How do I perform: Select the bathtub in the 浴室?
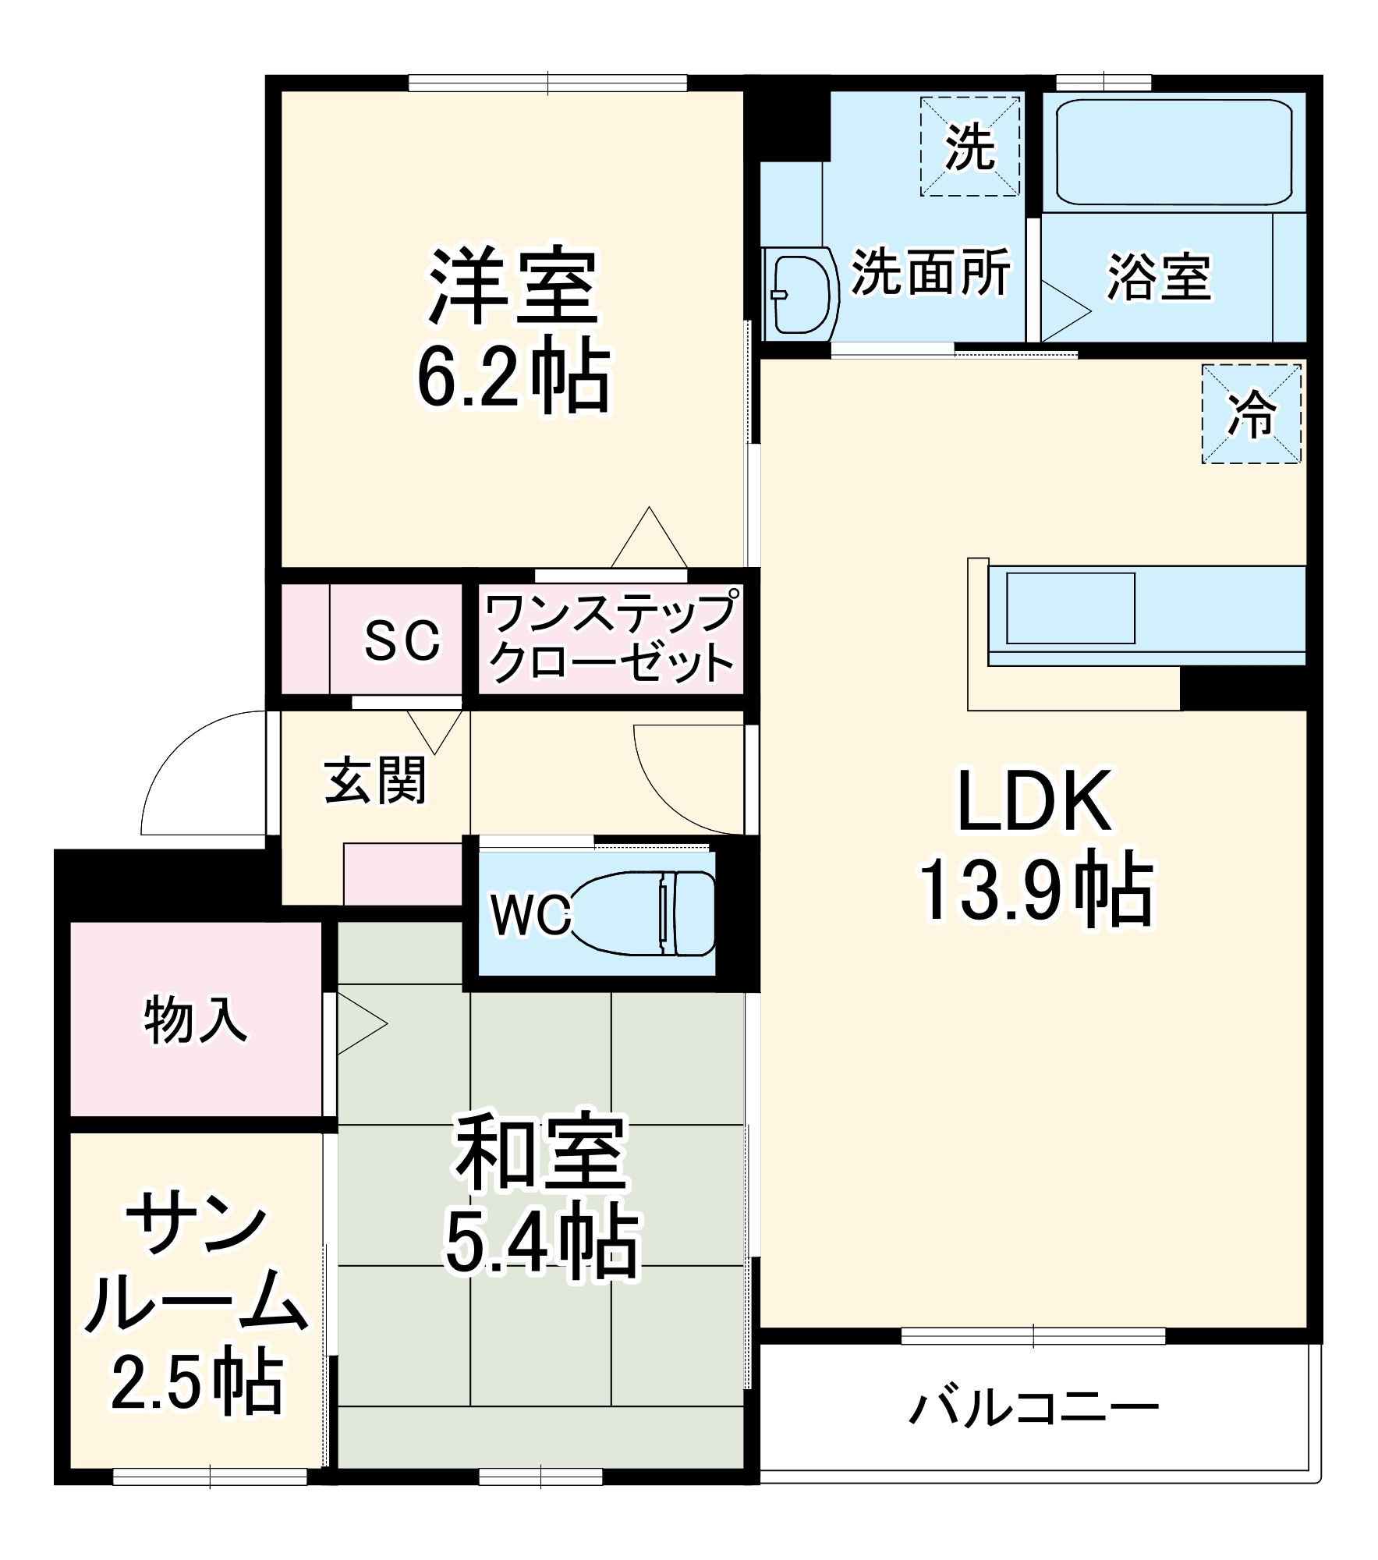coord(1173,151)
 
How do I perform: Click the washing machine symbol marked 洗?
coord(969,147)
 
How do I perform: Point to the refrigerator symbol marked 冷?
coord(1251,414)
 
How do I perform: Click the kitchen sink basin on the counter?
coord(1070,608)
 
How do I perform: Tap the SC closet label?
coord(402,640)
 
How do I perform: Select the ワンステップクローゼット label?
coord(610,639)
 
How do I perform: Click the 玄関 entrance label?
coord(375,780)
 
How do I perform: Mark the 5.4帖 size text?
coord(541,1240)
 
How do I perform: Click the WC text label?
coord(530,914)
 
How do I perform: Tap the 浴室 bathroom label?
coord(1159,277)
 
